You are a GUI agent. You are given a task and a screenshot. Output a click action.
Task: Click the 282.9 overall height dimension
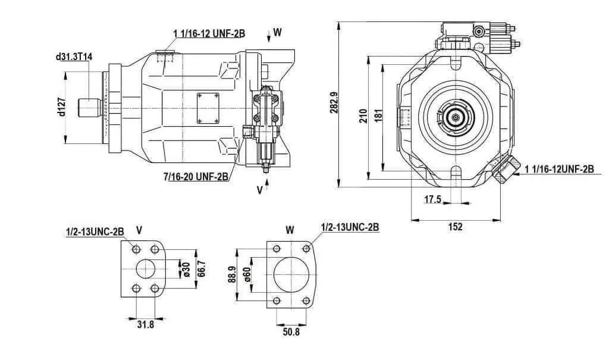click(334, 102)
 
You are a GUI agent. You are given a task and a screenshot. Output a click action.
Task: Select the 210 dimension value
click(363, 116)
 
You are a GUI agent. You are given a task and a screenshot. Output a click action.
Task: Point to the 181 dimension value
click(379, 116)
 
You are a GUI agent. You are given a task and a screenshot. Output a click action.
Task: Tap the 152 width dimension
click(455, 227)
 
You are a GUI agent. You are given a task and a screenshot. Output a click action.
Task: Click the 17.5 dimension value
click(432, 199)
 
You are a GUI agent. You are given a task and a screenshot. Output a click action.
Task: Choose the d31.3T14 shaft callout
click(74, 57)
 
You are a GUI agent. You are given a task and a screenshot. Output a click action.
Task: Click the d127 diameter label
click(61, 107)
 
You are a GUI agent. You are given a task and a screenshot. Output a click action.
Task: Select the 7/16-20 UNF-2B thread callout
click(196, 177)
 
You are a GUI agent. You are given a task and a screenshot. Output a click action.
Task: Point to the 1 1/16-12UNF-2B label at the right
click(559, 169)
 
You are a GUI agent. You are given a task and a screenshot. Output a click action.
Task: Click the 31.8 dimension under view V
click(146, 324)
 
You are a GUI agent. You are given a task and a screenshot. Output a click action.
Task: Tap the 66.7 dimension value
click(201, 268)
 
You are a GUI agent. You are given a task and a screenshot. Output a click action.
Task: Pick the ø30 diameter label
click(186, 270)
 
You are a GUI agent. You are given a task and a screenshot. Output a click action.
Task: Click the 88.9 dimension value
click(232, 274)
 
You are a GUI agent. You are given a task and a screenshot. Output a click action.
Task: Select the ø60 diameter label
click(247, 274)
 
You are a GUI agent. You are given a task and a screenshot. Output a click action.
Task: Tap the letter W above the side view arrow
click(277, 32)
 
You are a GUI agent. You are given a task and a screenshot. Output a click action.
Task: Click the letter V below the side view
click(259, 190)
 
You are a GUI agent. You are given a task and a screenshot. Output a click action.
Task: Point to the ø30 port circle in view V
click(146, 259)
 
